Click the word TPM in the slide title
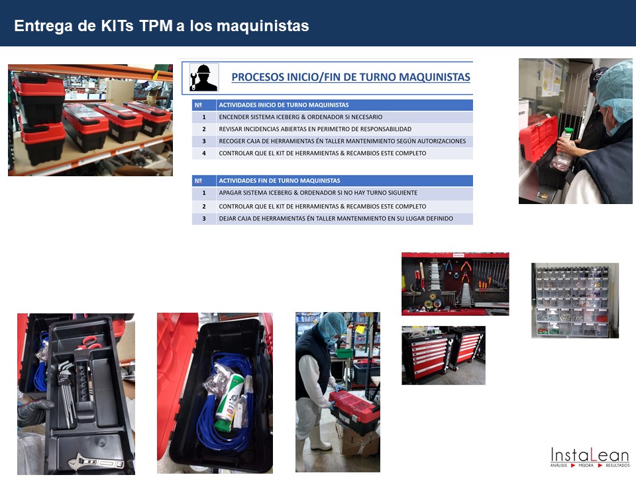click(156, 26)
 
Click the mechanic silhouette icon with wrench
click(203, 77)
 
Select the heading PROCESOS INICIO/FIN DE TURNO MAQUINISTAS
click(351, 77)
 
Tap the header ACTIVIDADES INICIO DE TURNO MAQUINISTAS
click(284, 105)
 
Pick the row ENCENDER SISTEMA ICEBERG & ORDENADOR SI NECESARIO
click(301, 117)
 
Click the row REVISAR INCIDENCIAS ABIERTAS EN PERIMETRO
click(315, 129)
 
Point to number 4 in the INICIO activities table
click(204, 153)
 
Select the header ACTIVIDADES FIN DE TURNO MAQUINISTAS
click(280, 181)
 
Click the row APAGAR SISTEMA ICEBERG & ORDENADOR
click(318, 193)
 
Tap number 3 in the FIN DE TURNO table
click(204, 219)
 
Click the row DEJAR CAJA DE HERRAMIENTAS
click(336, 219)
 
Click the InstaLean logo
click(590, 456)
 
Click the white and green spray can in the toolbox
click(230, 401)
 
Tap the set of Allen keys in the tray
click(66, 390)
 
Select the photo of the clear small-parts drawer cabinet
click(575, 301)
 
